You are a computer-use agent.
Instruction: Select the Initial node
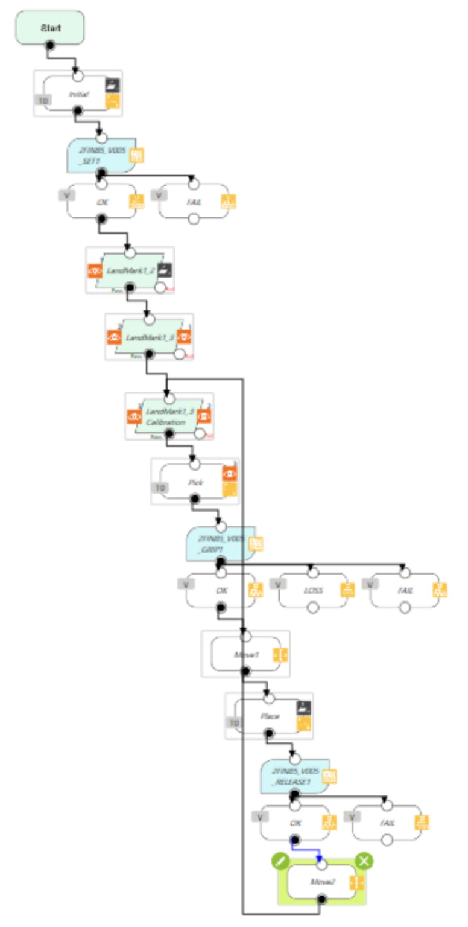75,94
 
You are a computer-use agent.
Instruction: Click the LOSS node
312,590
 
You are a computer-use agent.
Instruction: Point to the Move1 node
245,654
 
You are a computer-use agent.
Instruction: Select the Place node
268,716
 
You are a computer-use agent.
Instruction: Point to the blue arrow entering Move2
319,858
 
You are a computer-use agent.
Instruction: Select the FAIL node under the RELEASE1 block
387,822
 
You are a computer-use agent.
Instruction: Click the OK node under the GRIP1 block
220,590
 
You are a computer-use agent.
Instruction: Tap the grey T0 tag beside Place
233,722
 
